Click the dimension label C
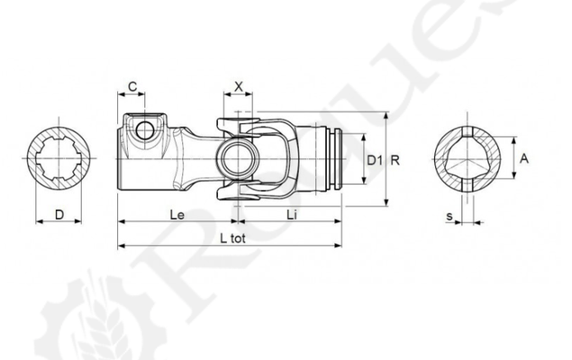pyautogui.click(x=132, y=86)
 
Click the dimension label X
pyautogui.click(x=238, y=86)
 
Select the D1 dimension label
pyautogui.click(x=375, y=160)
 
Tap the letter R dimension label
pyautogui.click(x=395, y=160)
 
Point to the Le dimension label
pyautogui.click(x=177, y=214)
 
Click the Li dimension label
pyautogui.click(x=292, y=214)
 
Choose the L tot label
pyautogui.click(x=232, y=238)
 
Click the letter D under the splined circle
pyautogui.click(x=59, y=214)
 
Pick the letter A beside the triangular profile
pyautogui.click(x=524, y=158)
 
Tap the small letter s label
pyautogui.click(x=449, y=216)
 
